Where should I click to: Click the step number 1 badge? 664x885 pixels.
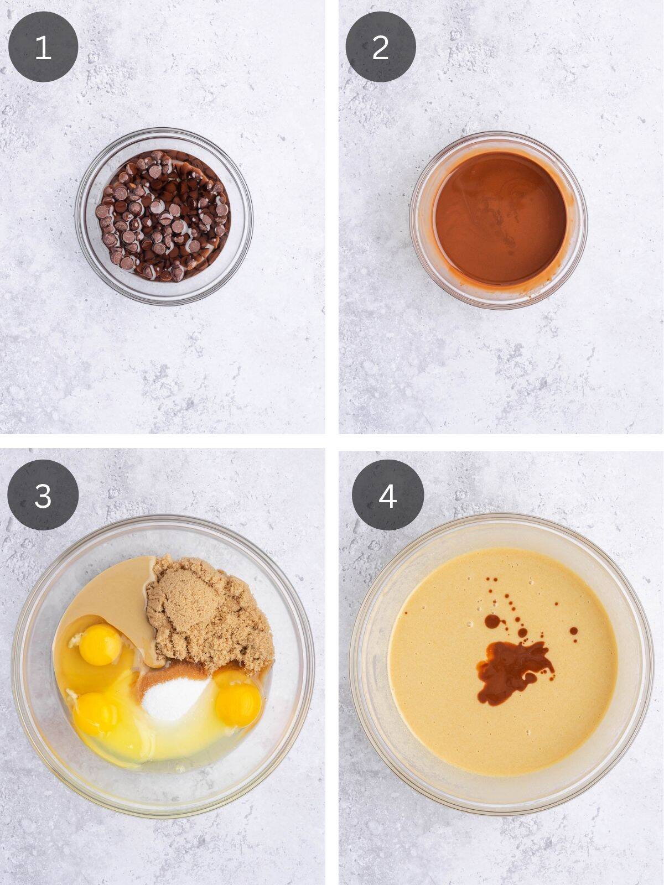[x=43, y=47]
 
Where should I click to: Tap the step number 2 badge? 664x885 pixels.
[x=381, y=47]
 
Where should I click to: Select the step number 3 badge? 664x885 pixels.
[x=43, y=495]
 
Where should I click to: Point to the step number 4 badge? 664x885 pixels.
[x=387, y=495]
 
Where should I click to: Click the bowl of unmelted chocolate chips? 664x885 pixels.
[x=164, y=216]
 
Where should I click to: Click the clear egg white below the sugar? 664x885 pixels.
[x=166, y=747]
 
